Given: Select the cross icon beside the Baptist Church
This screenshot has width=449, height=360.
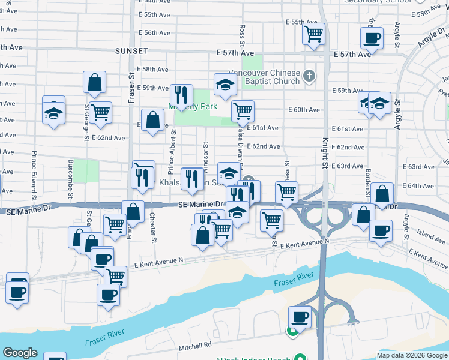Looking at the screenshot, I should tap(309, 76).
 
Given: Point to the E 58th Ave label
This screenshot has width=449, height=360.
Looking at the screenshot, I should tap(153, 70).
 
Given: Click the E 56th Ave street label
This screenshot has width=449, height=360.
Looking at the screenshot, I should tap(154, 33).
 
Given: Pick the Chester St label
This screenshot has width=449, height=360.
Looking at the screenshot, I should tap(153, 227).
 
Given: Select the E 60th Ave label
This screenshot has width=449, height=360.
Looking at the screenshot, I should tap(304, 110).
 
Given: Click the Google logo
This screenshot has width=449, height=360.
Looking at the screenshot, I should tap(20, 353).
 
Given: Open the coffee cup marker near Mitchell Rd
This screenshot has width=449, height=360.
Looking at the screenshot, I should tap(300, 316).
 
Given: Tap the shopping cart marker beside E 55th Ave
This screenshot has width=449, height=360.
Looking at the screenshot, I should tap(314, 34).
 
